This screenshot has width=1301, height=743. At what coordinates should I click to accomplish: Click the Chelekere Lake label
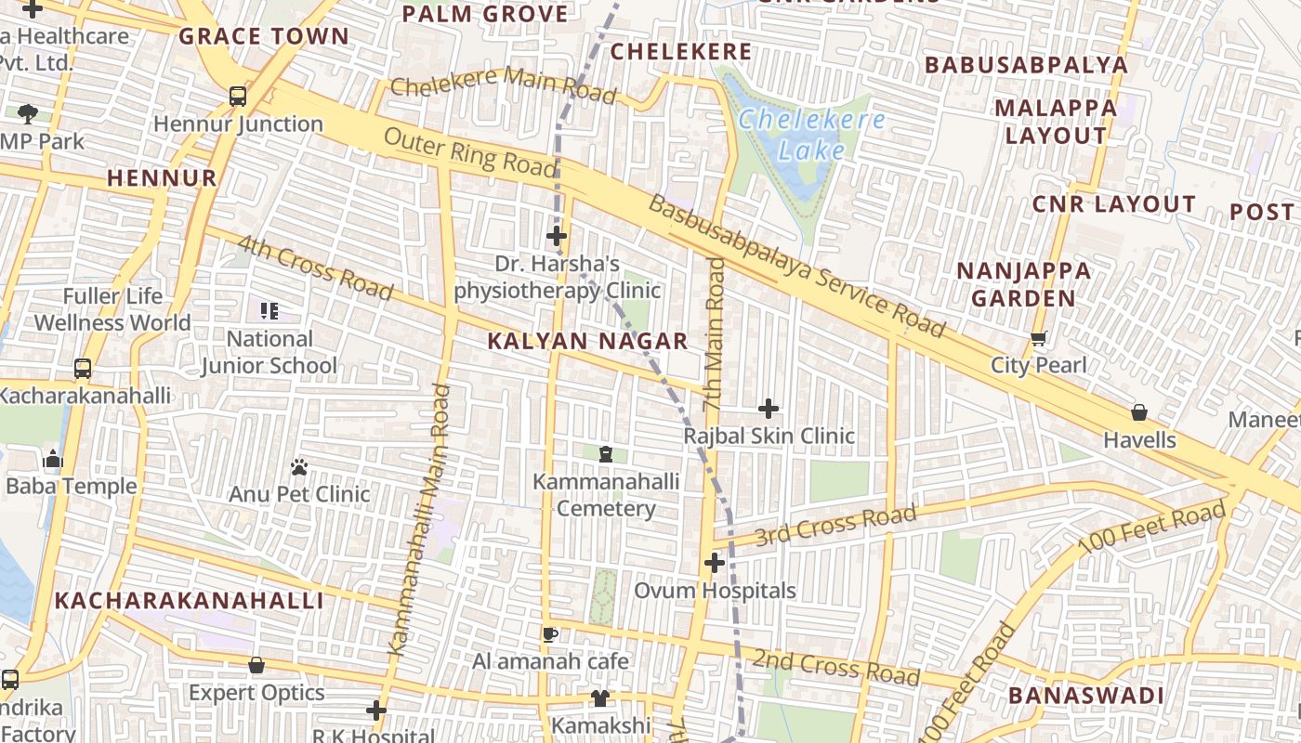coord(811,135)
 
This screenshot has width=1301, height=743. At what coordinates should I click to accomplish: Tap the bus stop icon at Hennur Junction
coord(238,96)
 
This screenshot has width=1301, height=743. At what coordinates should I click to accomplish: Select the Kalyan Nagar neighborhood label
coord(587,341)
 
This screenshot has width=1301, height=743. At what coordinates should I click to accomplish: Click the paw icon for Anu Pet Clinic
coord(299,467)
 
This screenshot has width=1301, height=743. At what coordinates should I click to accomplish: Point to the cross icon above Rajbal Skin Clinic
coord(769,409)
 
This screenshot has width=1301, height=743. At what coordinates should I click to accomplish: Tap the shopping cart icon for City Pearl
coord(1038,338)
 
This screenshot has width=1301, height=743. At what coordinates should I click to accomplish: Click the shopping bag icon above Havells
coord(1139,412)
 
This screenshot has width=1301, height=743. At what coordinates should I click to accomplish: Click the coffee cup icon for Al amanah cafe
coord(550,634)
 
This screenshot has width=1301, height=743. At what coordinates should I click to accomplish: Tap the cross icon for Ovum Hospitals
coord(714,563)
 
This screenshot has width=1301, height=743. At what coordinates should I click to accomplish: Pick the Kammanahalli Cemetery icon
coord(606,454)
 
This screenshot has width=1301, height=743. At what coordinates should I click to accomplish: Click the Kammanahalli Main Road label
coord(422,521)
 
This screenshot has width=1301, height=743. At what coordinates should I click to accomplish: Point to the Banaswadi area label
coord(1085,696)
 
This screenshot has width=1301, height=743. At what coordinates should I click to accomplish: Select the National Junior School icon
coord(269,311)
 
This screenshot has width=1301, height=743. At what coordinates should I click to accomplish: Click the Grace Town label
coord(264,37)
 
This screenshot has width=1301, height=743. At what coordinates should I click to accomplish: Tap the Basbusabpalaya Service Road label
coord(796,267)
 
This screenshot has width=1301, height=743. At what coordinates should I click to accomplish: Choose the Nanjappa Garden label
coord(1023,284)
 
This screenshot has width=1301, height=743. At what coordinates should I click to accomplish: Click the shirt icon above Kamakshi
coord(600,697)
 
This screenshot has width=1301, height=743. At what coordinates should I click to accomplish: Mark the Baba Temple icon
coord(53,460)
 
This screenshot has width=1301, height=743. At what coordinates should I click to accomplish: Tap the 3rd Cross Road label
coord(835,526)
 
